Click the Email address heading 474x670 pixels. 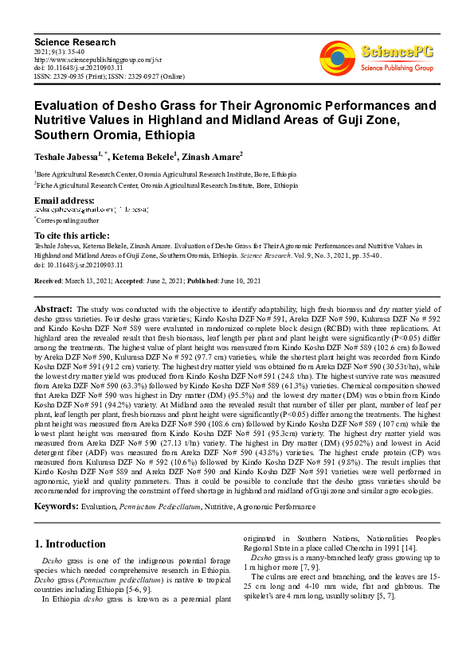[64, 200]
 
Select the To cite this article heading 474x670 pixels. [72, 236]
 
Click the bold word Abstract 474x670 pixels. [53, 308]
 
